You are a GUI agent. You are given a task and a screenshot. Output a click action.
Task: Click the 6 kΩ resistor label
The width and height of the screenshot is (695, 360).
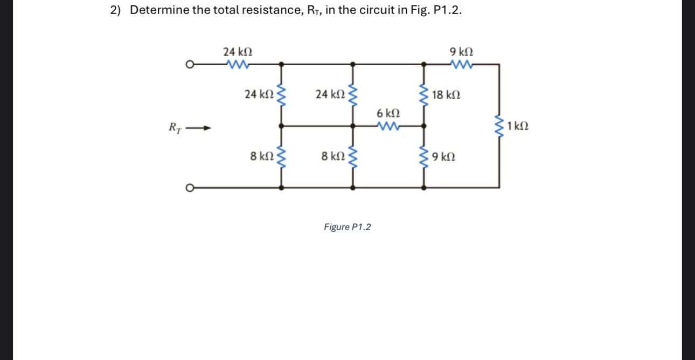pos(388,114)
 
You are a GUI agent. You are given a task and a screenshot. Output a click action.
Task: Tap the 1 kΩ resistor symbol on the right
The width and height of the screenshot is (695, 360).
pos(499,127)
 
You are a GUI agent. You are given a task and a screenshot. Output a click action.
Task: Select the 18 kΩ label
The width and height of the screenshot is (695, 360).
pos(446,95)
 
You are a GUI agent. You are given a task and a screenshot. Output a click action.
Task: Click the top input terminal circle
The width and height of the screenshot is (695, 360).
pos(189,65)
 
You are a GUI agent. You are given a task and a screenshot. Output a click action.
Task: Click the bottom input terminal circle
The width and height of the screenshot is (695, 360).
pos(189,188)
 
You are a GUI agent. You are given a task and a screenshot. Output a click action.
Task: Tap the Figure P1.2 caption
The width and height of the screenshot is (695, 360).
pos(347,227)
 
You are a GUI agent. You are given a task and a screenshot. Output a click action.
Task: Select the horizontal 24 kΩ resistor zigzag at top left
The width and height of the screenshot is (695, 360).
pos(238,65)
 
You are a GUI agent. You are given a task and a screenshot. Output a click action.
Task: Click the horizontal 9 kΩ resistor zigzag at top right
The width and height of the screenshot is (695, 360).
pos(462,65)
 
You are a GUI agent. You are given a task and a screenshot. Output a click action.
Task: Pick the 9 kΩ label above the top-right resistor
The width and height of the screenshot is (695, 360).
pos(462,52)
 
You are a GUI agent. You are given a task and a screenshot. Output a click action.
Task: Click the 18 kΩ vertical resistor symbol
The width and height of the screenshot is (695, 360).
pos(425,95)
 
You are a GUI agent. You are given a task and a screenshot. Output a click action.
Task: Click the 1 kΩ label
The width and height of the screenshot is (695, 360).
pos(518,127)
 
